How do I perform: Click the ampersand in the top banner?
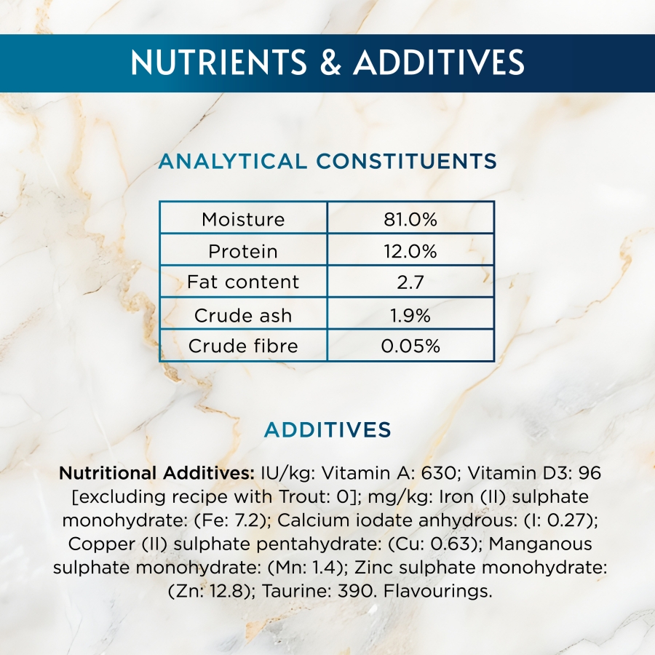click(330, 63)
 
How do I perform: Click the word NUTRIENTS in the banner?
click(218, 63)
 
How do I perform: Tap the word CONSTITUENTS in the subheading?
click(406, 162)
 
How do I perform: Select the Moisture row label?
click(243, 219)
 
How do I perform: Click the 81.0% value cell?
click(410, 219)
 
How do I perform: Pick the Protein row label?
click(243, 251)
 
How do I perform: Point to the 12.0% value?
click(410, 251)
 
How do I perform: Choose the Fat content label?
click(243, 282)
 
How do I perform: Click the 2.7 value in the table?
click(410, 282)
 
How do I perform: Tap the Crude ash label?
click(243, 315)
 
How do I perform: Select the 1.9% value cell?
click(410, 315)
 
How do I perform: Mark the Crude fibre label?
click(243, 346)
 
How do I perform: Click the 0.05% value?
click(410, 346)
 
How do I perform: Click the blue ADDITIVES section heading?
click(327, 430)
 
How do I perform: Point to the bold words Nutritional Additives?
click(156, 473)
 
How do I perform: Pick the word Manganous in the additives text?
click(540, 544)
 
